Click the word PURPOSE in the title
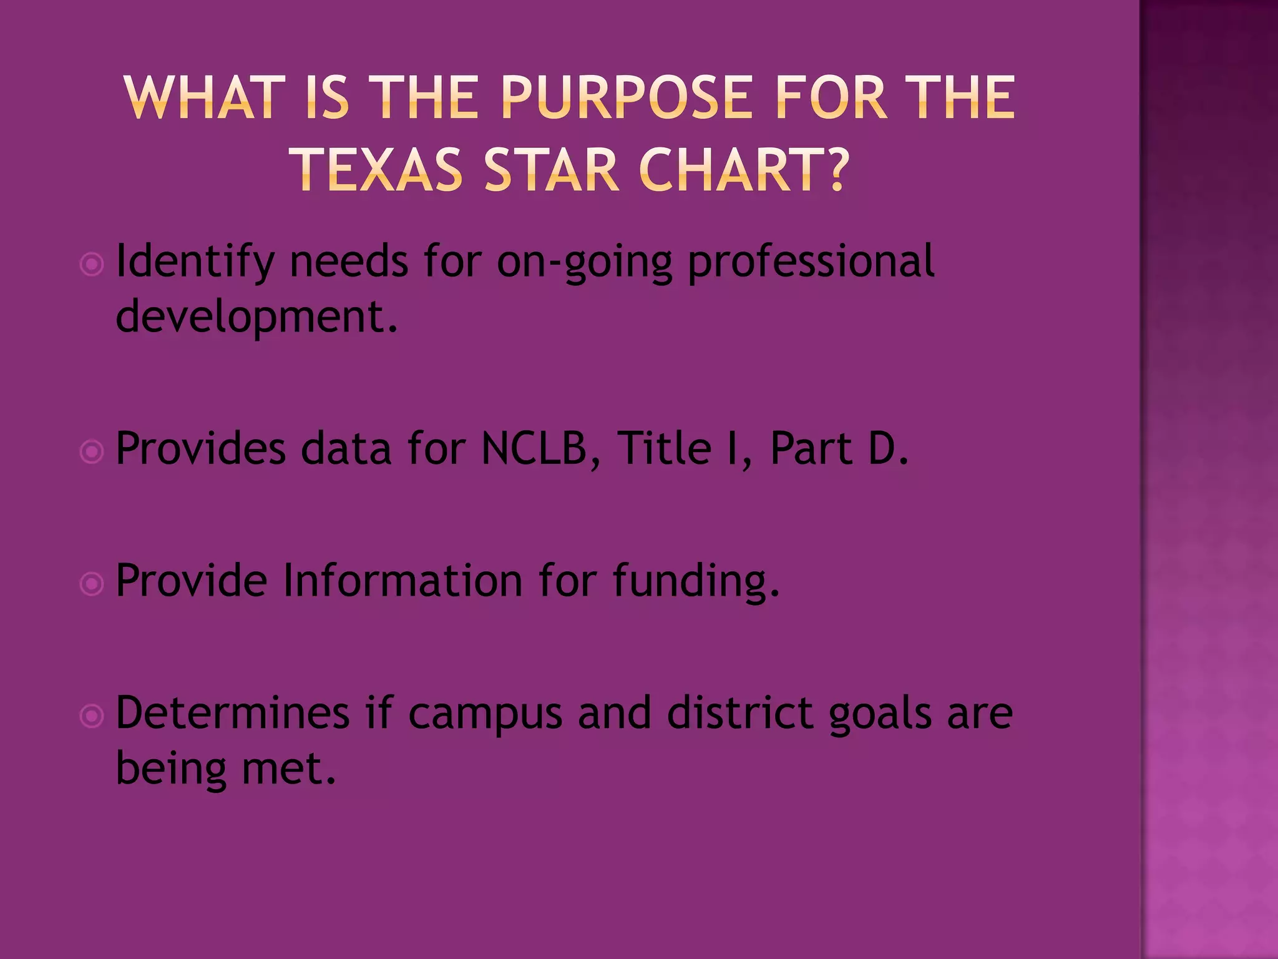628,97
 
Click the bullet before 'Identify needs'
92,265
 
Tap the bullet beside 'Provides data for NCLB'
92,452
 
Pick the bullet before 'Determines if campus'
92,716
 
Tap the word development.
256,317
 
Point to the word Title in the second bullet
663,449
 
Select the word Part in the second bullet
811,449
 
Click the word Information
402,581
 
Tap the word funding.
695,581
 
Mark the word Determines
232,714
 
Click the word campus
485,714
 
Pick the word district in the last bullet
740,714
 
